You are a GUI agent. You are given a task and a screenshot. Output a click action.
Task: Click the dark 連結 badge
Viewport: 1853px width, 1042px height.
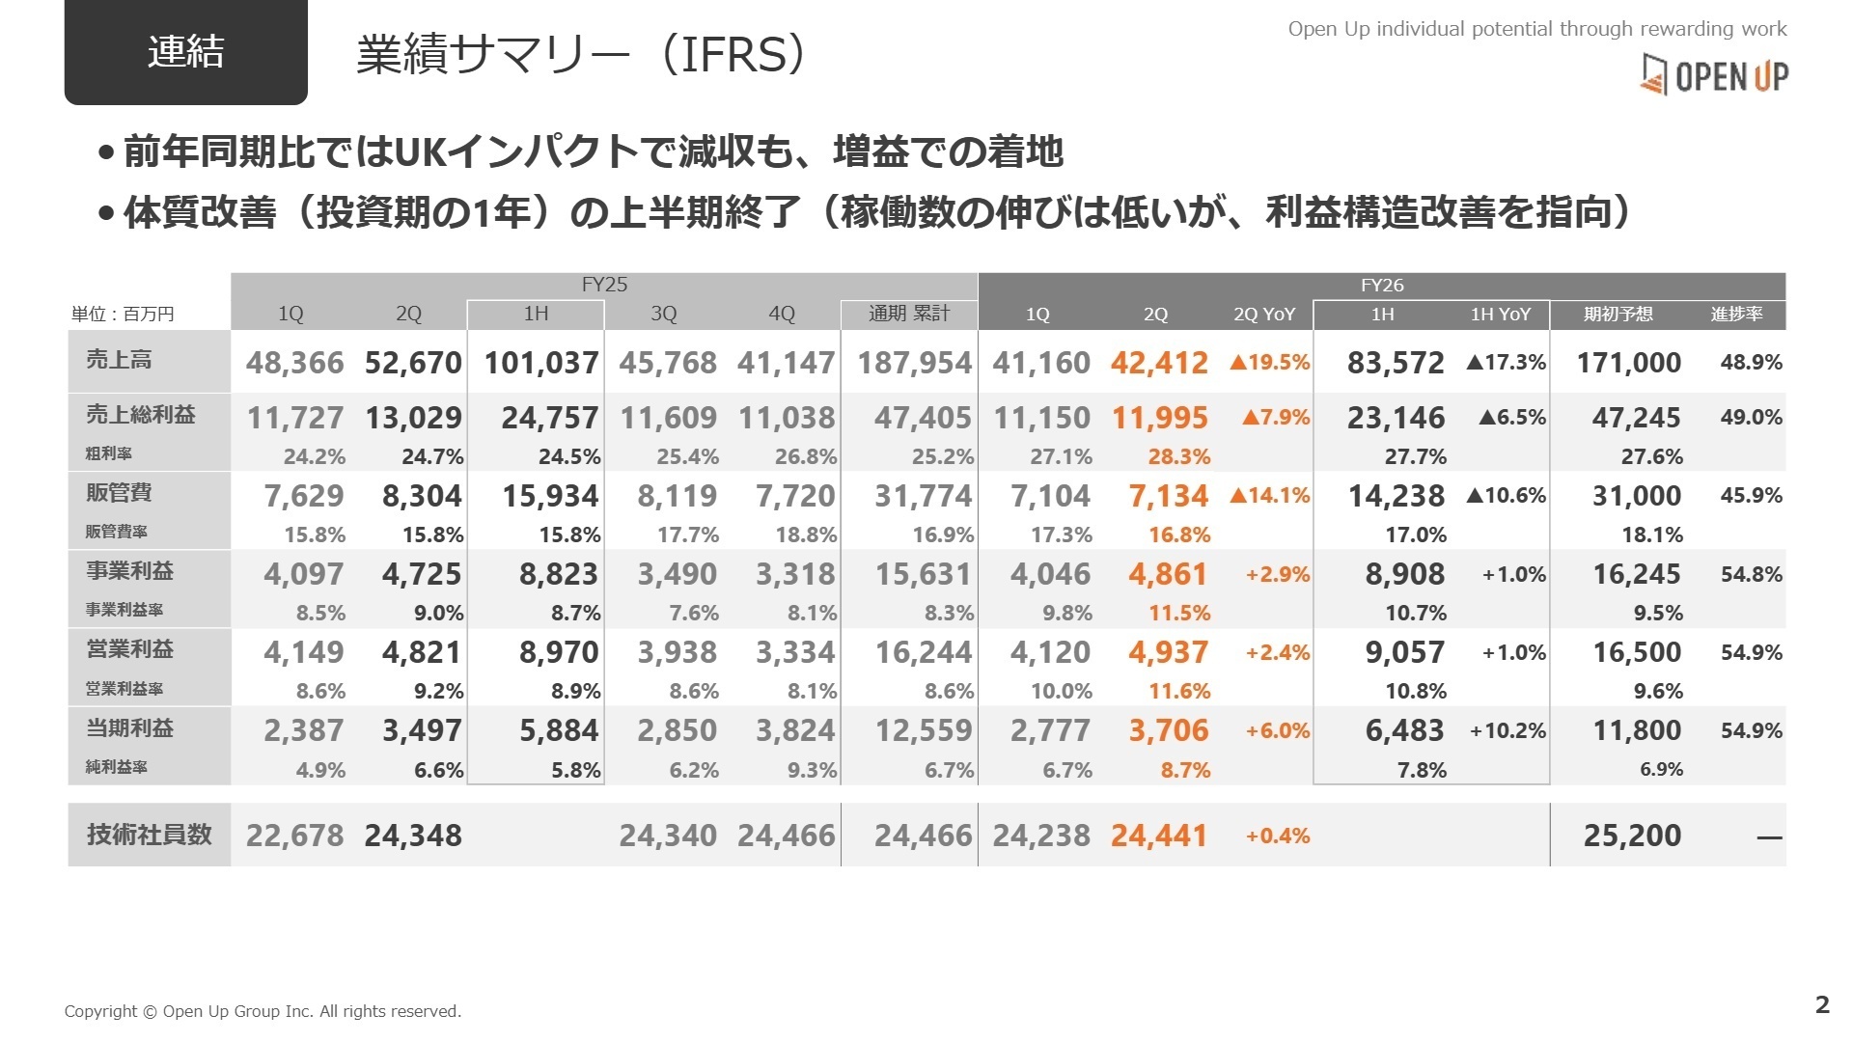pos(185,51)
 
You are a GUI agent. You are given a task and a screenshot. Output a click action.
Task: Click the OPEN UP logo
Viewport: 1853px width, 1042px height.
pos(1714,74)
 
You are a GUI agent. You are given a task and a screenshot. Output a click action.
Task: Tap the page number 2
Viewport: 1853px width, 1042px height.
pos(1821,1004)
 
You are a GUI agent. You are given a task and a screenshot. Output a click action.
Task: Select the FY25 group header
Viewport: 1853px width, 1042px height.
pos(604,285)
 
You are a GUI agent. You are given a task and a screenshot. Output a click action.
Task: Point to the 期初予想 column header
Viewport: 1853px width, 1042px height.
pos(1618,315)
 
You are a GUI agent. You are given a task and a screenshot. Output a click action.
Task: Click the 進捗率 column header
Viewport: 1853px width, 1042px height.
pos(1736,315)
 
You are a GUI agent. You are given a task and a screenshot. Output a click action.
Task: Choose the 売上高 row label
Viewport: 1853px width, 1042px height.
pos(119,360)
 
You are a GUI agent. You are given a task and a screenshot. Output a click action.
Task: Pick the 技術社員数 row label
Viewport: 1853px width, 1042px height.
pos(149,835)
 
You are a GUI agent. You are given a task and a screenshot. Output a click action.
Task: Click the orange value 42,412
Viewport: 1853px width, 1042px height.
pos(1158,363)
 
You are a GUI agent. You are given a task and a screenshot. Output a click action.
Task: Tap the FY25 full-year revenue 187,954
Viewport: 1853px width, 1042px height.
pos(913,363)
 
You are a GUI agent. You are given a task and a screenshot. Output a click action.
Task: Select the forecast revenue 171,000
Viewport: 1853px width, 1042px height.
pos(1628,363)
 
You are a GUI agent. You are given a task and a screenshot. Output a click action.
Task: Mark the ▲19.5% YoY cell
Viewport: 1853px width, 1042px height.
pos(1269,363)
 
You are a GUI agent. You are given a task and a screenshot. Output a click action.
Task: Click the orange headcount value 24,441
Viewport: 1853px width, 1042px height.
pos(1158,836)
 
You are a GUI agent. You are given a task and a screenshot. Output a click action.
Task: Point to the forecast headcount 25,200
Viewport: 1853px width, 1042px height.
pos(1631,836)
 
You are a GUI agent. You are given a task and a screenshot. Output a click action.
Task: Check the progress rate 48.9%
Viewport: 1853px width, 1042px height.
pos(1751,363)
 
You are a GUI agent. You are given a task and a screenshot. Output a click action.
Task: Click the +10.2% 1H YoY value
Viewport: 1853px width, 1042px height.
pos(1507,731)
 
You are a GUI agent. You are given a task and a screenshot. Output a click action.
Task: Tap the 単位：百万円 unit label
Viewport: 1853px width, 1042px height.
pos(123,315)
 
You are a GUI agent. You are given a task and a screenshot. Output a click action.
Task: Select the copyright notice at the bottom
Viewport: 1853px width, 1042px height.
pos(263,1011)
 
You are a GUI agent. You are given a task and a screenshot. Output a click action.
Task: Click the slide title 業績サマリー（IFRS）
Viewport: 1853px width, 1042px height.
pos(581,55)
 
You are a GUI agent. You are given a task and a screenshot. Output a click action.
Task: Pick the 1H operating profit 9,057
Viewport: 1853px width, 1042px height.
pos(1404,653)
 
